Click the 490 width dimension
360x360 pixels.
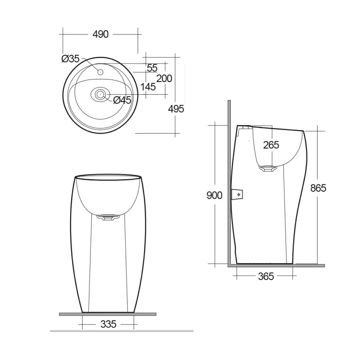pos(100,34)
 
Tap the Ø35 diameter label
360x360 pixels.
pos(70,59)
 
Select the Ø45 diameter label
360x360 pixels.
pos(122,100)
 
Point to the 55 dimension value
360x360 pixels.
pos(152,68)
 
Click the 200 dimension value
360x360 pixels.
pos(164,78)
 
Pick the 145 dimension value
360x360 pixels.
pos(148,87)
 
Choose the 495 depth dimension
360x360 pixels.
pos(176,108)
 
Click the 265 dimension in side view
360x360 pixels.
pos(271,145)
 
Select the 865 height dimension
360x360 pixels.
pos(318,188)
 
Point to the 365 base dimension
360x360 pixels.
pos(266,276)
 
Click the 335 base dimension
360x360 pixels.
pos(108,324)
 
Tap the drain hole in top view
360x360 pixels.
pos(100,94)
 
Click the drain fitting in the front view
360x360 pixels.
pos(108,217)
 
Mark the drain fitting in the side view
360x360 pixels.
pos(268,168)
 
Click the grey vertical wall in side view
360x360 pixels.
pos(228,180)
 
